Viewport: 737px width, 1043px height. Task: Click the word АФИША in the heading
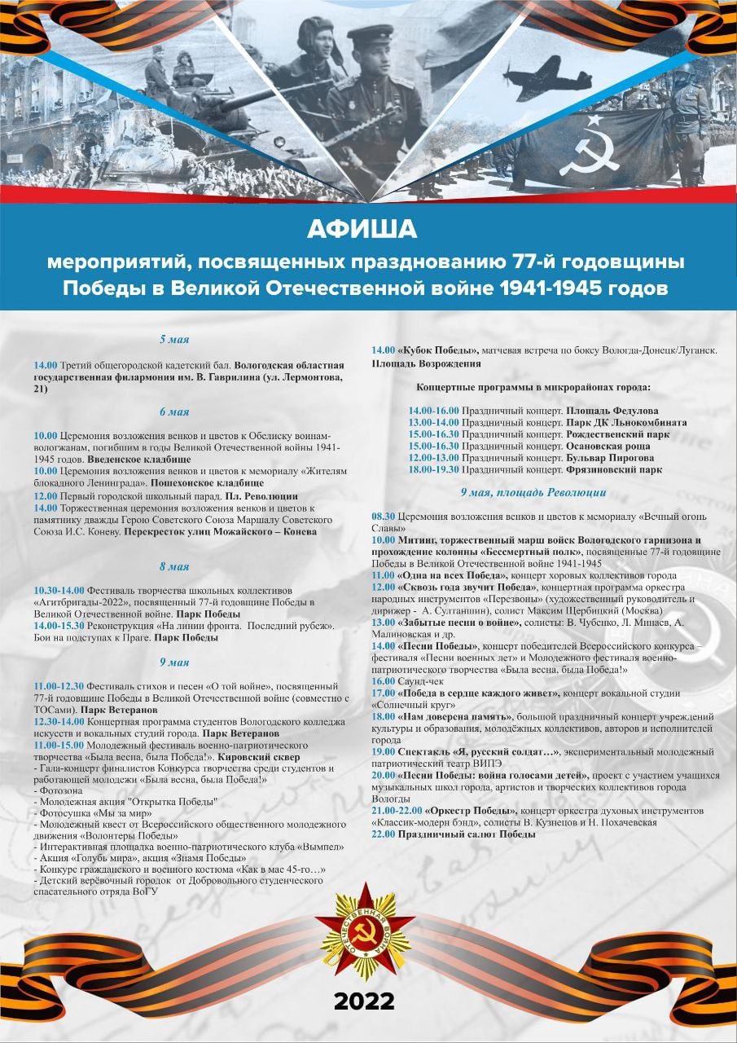[x=362, y=231]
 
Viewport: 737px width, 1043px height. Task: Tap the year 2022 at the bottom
[x=364, y=1001]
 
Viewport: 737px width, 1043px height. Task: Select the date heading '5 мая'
[x=174, y=339]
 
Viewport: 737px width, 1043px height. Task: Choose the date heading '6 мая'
[x=174, y=411]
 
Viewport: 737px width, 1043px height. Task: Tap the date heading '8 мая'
[x=174, y=566]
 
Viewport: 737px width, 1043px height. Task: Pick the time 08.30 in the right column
[x=384, y=517]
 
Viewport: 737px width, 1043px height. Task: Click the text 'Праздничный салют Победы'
[x=467, y=834]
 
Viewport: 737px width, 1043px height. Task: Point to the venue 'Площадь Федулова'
[x=612, y=411]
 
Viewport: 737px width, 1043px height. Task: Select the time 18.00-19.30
[x=433, y=469]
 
